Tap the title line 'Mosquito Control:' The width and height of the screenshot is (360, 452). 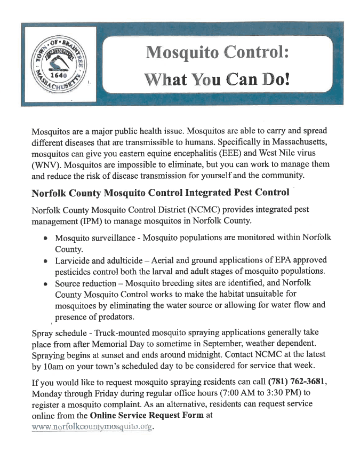tap(218, 52)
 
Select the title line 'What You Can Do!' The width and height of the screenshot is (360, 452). tap(218, 79)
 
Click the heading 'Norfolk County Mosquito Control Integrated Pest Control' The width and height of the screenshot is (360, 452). tap(161, 192)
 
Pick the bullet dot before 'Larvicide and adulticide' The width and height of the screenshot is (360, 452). tap(46, 261)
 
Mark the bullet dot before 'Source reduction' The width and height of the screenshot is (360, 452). tap(46, 284)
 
